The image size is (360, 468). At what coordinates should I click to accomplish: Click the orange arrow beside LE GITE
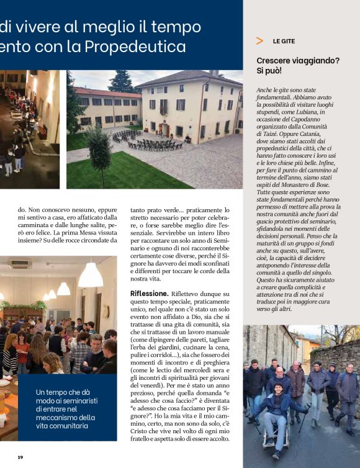pos(259,41)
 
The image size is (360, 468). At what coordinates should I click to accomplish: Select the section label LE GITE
pos(284,41)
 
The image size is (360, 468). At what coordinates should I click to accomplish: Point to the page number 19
pos(20,457)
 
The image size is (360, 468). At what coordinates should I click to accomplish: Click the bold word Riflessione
pos(149,293)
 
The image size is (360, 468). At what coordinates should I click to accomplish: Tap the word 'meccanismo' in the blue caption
pos(59,418)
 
